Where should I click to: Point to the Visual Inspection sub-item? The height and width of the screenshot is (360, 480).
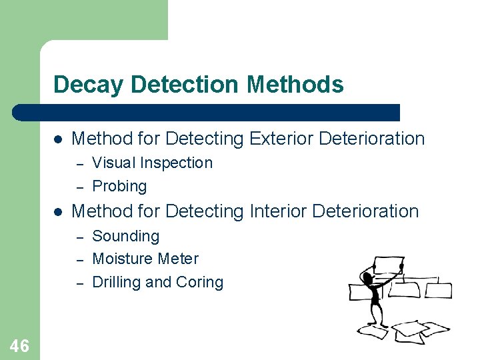152,163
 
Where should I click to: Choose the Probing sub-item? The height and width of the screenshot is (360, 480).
119,186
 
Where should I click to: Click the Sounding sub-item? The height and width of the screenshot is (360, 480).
125,236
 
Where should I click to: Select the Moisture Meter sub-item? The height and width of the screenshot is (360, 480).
145,259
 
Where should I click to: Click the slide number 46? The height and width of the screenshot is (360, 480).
19,345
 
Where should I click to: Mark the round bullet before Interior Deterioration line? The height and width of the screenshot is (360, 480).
58,212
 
